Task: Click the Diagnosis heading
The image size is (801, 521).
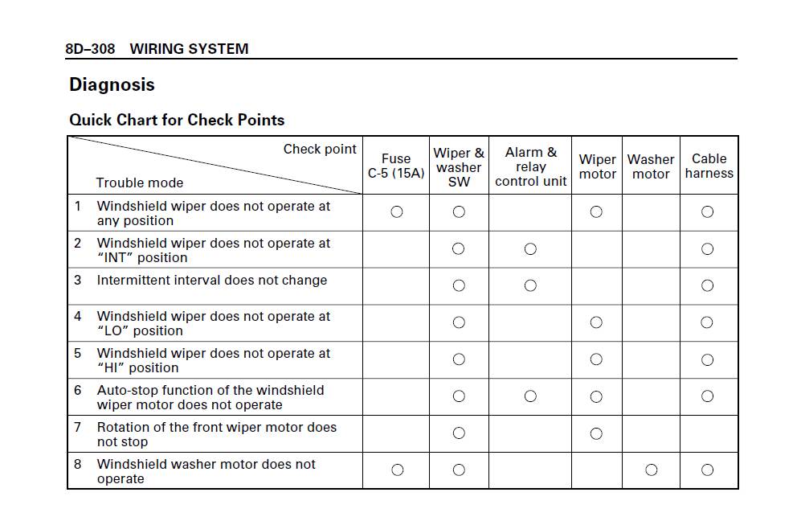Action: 112,84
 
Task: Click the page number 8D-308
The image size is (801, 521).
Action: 90,49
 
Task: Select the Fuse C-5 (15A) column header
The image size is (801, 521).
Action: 396,166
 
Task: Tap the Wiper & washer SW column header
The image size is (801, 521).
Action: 459,167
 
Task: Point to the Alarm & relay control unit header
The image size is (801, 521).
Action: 530,166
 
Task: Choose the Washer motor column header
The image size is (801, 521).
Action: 651,166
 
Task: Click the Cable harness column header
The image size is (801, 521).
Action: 709,166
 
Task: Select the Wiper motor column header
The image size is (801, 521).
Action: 597,166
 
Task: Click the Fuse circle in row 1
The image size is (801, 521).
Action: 396,212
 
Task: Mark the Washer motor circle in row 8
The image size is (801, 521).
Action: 651,470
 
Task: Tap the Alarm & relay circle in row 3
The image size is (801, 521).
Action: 530,285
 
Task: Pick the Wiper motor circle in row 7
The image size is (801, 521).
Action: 596,434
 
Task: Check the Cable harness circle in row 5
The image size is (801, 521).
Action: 707,359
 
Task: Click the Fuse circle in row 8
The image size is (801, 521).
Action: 397,470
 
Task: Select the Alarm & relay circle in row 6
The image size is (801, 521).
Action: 530,396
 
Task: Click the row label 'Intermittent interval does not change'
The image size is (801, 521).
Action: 212,281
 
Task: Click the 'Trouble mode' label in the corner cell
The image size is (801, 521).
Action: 140,183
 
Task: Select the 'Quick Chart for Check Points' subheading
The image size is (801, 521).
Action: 177,120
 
